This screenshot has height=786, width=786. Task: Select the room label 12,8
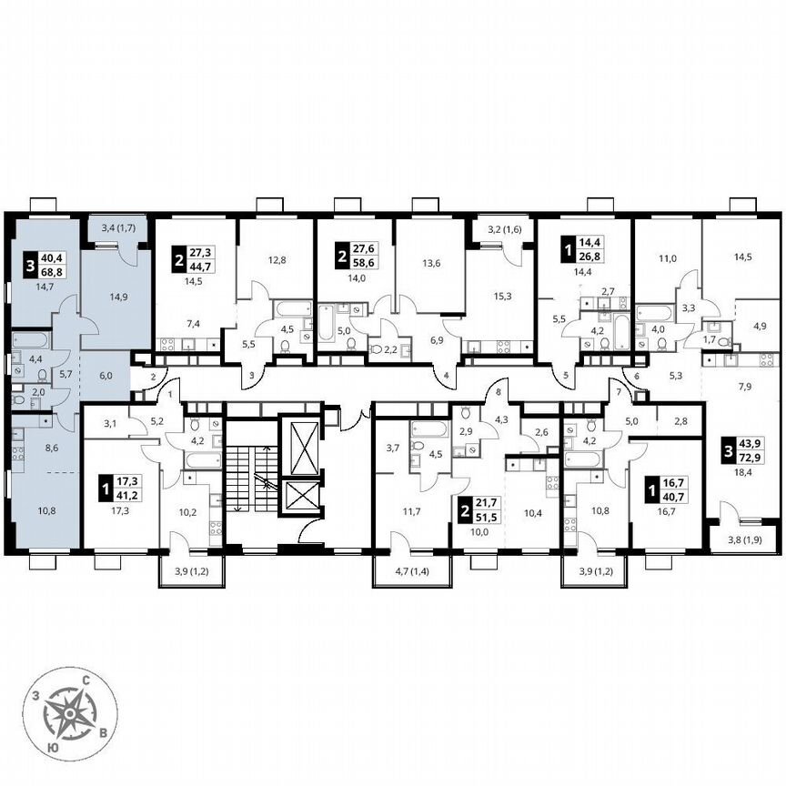pyautogui.click(x=277, y=259)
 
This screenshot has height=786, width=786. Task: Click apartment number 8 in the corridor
pyautogui.click(x=499, y=392)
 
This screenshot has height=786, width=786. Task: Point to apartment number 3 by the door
pyautogui.click(x=250, y=373)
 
